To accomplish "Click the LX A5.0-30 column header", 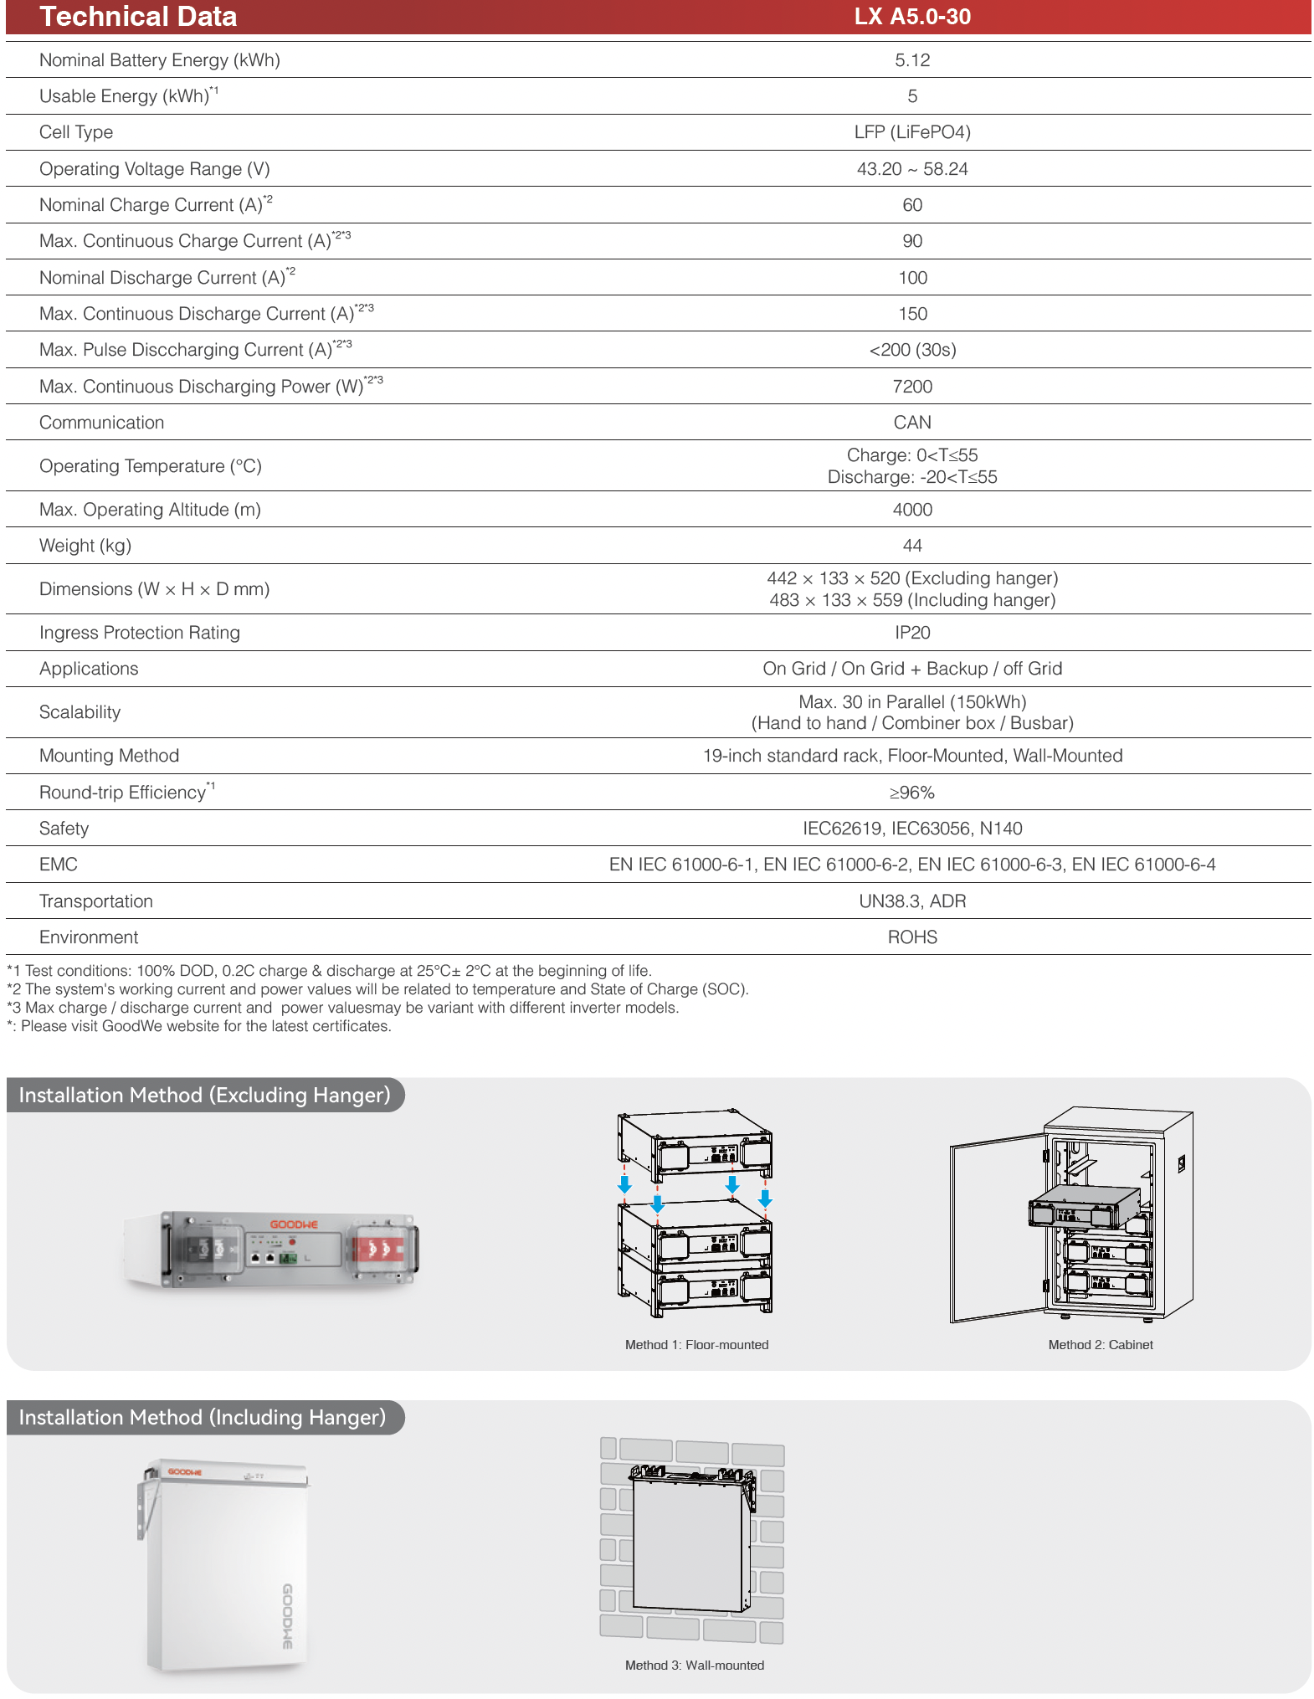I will pos(911,17).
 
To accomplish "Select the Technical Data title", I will pos(138,17).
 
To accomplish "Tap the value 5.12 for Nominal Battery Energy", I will pos(911,60).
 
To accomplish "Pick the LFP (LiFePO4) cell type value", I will pos(911,132).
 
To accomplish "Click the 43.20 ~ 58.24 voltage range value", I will pos(911,169).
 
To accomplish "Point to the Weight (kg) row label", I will pos(85,546).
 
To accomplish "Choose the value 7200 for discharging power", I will pos(911,387).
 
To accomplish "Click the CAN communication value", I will pos(911,423).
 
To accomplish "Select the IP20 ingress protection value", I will pos(911,633).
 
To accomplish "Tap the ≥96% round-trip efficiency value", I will pos(911,793).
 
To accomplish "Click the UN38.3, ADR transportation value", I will pos(911,901).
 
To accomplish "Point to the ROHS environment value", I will pos(911,937).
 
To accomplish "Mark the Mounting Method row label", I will pos(109,756).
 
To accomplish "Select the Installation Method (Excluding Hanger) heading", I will pos(204,1096).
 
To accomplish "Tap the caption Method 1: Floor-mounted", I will pos(696,1345).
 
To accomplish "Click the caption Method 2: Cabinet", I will pos(1100,1345).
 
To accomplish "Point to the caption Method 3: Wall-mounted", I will pos(694,1666).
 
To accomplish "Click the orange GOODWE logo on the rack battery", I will pos(293,1224).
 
